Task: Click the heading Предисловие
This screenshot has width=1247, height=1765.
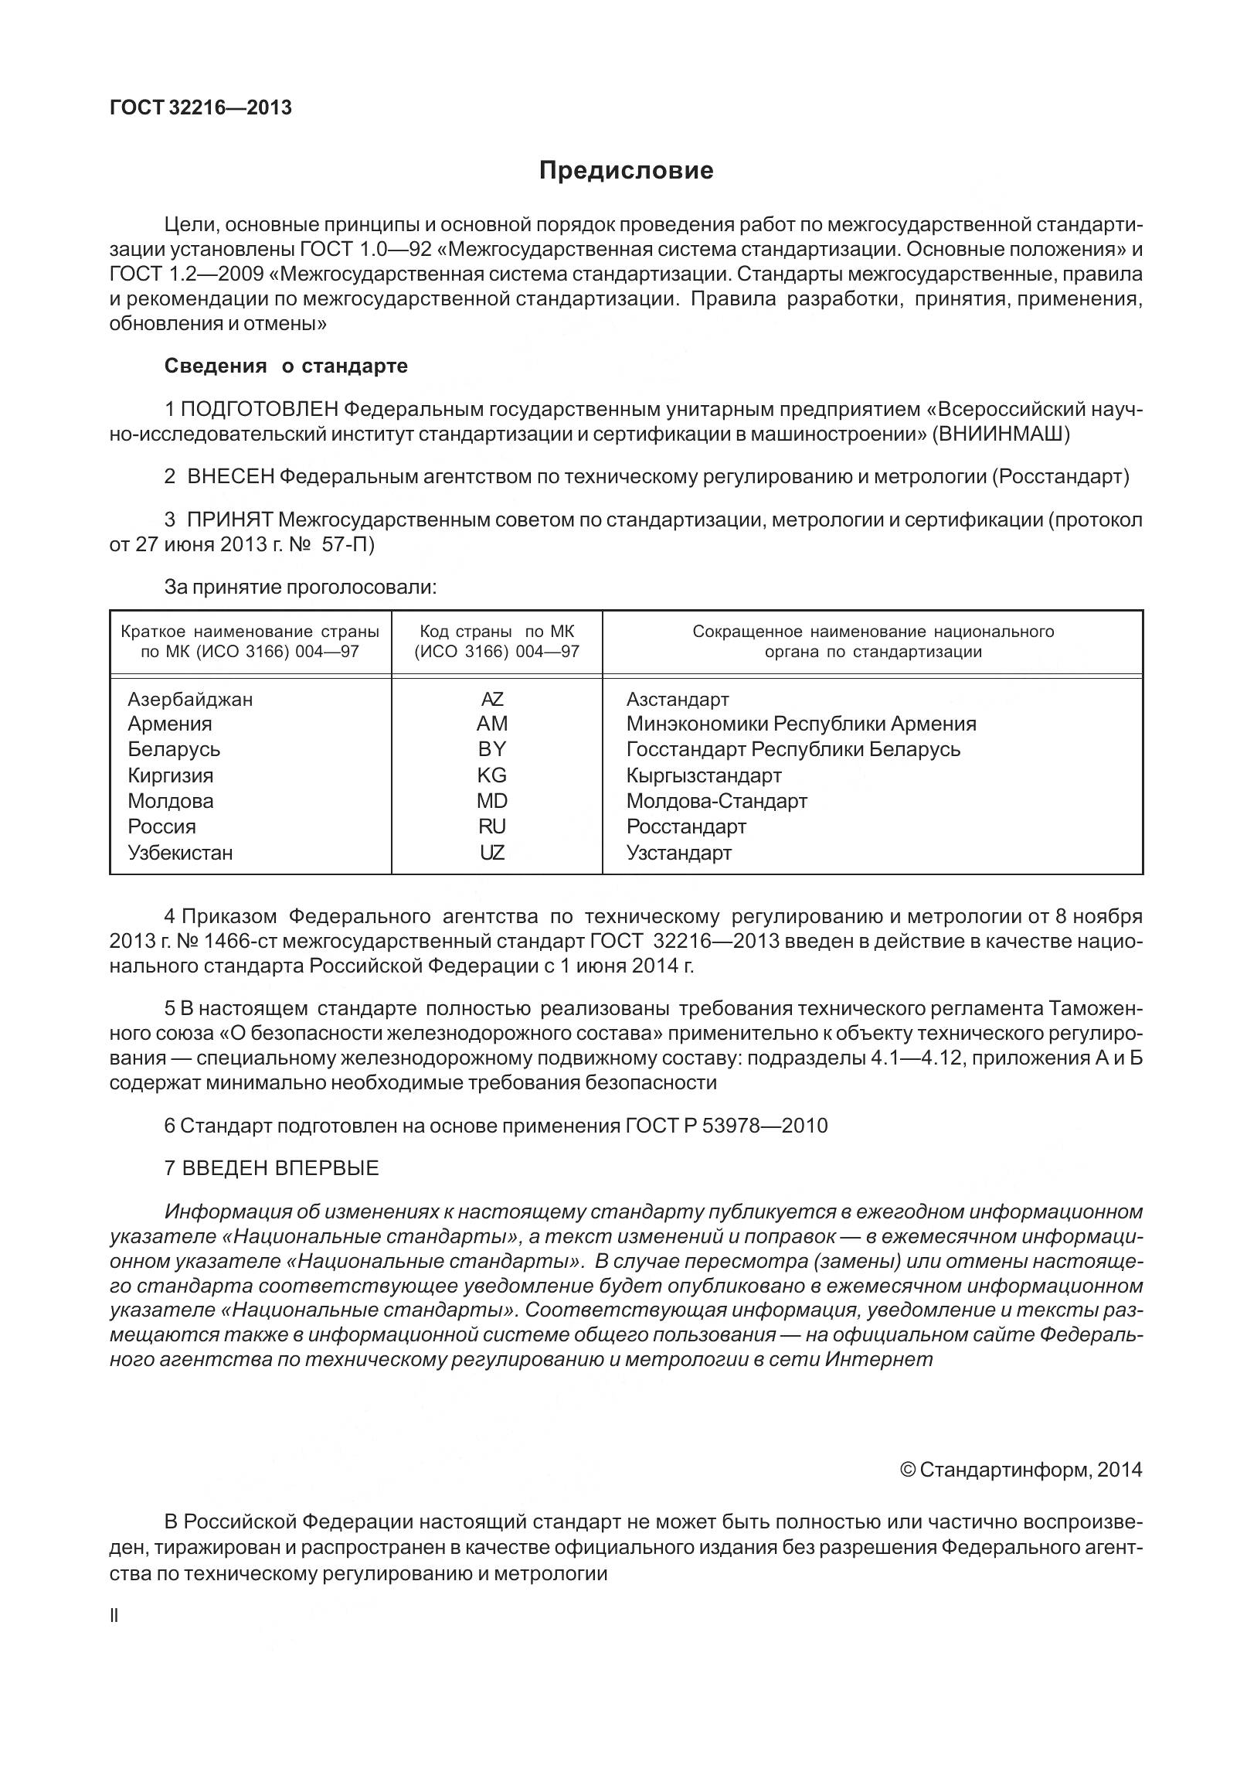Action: point(626,170)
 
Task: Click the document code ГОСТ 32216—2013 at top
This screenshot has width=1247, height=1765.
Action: point(201,107)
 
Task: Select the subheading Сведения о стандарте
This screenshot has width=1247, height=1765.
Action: point(286,366)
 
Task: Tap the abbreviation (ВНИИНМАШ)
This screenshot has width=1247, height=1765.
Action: point(1001,434)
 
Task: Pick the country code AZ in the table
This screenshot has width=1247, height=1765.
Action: point(492,700)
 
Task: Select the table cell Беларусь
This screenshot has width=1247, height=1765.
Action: point(174,749)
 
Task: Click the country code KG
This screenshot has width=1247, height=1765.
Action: point(492,775)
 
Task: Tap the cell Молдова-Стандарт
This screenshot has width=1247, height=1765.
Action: point(717,801)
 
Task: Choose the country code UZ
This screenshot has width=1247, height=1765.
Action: point(492,853)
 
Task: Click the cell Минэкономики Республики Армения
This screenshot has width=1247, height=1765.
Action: point(801,724)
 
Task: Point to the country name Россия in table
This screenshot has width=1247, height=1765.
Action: point(161,826)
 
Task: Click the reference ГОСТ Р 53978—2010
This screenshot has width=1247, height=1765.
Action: point(725,1126)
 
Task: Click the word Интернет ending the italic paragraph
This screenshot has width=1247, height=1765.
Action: point(878,1360)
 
